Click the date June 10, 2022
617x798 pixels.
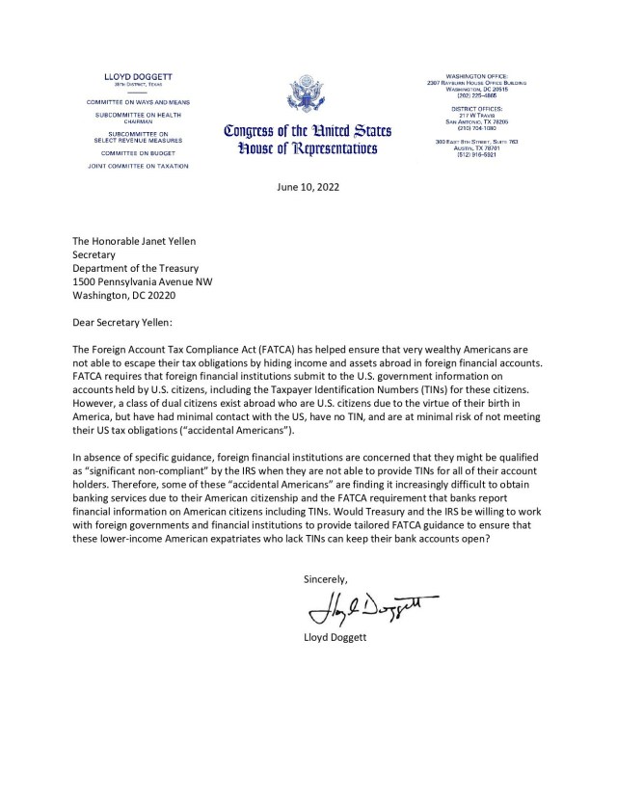pos(307,187)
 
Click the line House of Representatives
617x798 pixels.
pos(293,150)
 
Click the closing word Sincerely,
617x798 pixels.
pos(326,579)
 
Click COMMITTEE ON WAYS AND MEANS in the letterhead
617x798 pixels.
pos(146,101)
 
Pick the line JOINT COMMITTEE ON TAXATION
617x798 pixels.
pos(146,167)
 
